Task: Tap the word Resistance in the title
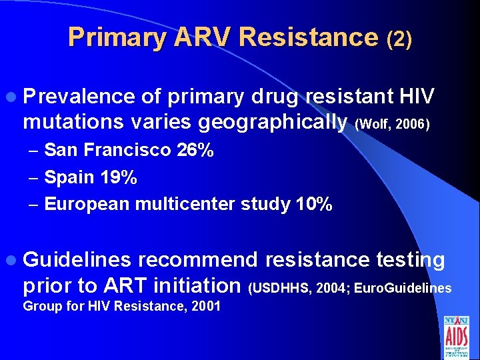click(x=308, y=37)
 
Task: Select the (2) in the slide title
click(x=399, y=39)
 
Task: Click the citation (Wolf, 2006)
click(x=393, y=124)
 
